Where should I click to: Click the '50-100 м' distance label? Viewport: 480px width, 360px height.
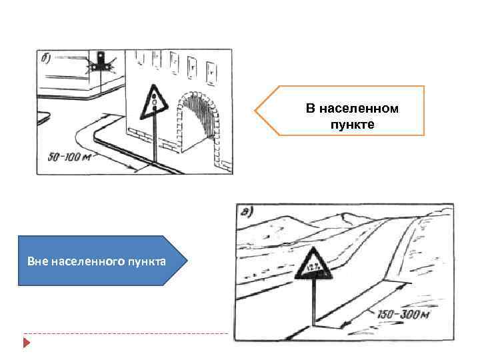coord(69,158)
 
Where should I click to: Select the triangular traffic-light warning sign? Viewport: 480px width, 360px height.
coord(155,102)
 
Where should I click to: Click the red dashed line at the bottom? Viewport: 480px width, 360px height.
coord(127,333)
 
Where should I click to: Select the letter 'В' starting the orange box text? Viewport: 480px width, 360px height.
coord(309,108)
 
